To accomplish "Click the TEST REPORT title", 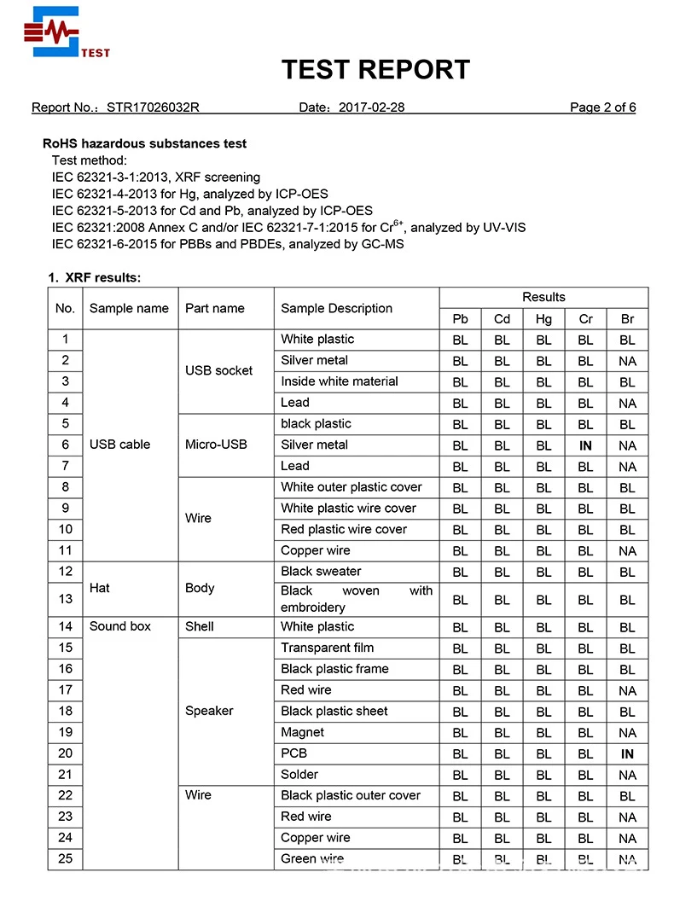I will tap(375, 69).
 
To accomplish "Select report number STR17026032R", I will tap(153, 108).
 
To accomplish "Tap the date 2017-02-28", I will tap(371, 108).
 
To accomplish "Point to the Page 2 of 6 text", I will tap(602, 108).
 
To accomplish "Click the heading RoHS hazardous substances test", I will tap(145, 143).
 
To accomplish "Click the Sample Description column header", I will tap(336, 308).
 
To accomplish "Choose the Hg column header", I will tap(543, 319).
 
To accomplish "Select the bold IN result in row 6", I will tap(585, 445).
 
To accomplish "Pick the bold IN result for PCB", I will tap(627, 754).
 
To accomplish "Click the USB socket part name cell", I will tap(218, 370).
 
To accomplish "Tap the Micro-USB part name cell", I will tap(216, 445).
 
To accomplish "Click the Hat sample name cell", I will tap(100, 588).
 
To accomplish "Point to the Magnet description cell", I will tap(302, 732).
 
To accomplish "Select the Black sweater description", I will tap(321, 572).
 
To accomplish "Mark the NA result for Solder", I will tap(627, 775).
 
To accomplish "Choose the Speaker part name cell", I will tap(209, 711).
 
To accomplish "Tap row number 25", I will tap(65, 858).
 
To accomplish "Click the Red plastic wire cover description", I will tap(344, 529).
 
